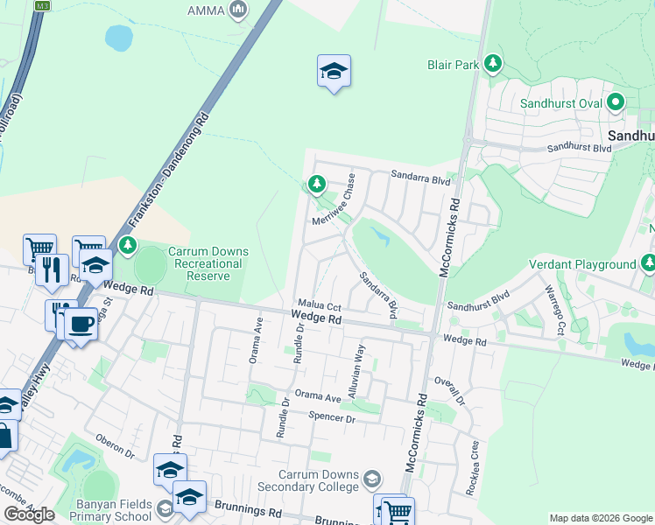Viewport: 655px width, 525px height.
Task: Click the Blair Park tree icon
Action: [493, 64]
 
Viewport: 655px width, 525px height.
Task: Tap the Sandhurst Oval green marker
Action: [616, 103]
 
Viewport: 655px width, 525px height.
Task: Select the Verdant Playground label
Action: [582, 264]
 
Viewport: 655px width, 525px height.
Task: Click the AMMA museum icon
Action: [238, 10]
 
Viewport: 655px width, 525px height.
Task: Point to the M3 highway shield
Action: [41, 5]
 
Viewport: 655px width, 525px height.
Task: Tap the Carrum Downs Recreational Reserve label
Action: [208, 263]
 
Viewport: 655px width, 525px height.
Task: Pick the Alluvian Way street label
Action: [357, 372]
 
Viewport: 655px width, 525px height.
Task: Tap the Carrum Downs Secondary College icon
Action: [372, 479]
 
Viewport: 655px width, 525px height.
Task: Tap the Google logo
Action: [29, 514]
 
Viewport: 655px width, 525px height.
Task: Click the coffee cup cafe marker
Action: [81, 323]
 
